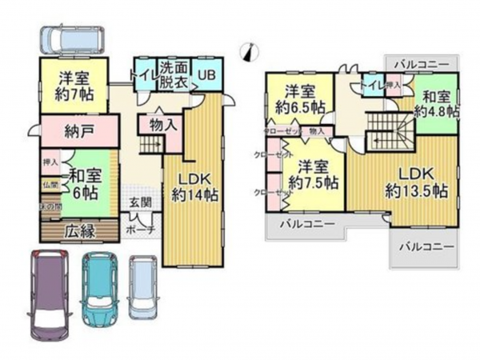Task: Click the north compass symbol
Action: point(250,51)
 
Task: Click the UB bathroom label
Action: point(206,75)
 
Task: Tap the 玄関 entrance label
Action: point(140,202)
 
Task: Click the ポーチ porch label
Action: point(139,229)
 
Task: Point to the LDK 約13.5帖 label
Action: point(415,183)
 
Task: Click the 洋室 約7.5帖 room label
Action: point(313,174)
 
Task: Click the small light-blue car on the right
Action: point(144,286)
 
